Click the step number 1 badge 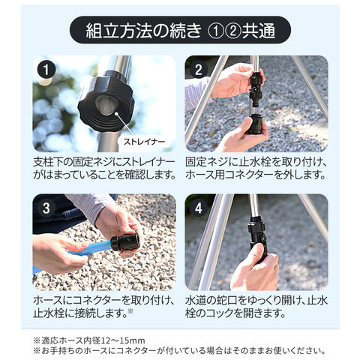[x=46, y=70]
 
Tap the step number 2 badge [x=199, y=70]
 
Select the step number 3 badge [x=46, y=208]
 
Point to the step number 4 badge [x=199, y=208]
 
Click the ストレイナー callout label [x=145, y=142]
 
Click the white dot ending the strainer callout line [x=116, y=113]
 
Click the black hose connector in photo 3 [x=124, y=242]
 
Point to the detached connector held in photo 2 [x=255, y=124]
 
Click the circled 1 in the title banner [x=216, y=31]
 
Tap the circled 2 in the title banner [x=233, y=31]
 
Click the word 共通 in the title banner [x=259, y=31]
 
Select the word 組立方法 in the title [x=119, y=31]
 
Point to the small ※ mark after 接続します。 [x=130, y=311]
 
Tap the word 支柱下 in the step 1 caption [x=48, y=162]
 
